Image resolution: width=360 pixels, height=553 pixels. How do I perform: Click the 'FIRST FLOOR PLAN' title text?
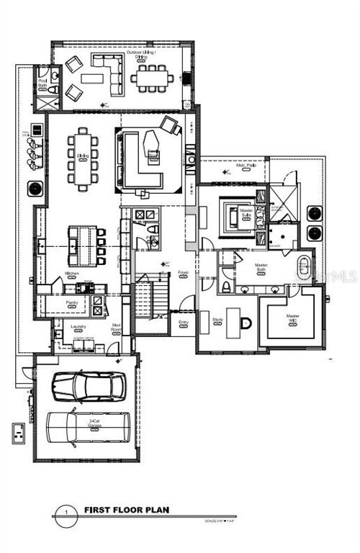127,510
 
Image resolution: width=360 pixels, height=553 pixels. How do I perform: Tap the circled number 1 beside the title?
66,512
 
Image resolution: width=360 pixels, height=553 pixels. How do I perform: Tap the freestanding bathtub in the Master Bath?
303,269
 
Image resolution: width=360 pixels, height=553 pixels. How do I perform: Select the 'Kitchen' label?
72,274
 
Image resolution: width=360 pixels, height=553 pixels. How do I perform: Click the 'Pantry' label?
71,302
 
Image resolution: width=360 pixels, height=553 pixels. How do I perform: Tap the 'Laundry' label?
78,326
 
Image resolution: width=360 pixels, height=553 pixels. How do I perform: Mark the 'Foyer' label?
184,273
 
